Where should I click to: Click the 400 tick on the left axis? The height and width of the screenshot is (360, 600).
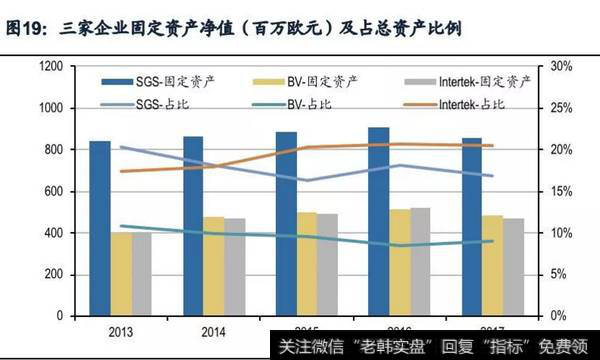(54, 233)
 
